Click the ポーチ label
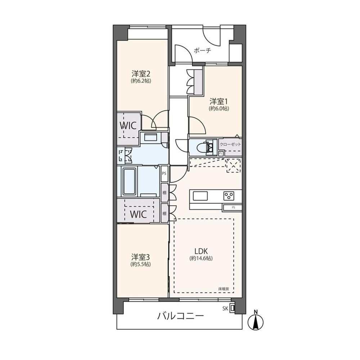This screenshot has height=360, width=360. click(x=202, y=50)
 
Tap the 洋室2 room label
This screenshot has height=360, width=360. click(x=141, y=74)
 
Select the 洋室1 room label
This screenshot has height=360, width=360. click(x=219, y=101)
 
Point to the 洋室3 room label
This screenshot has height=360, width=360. click(x=140, y=256)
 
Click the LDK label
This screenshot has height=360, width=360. click(x=201, y=251)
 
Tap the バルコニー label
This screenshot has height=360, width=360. click(x=180, y=316)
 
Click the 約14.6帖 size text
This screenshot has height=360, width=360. click(x=201, y=258)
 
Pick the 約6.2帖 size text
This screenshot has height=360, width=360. click(x=141, y=81)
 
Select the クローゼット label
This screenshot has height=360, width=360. click(x=230, y=144)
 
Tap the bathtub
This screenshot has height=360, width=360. click(x=129, y=181)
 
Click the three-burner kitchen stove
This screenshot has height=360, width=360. click(x=229, y=196)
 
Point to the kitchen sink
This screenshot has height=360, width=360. click(x=200, y=196)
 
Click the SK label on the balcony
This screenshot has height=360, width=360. click(x=225, y=309)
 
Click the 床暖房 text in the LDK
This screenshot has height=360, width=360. click(x=224, y=289)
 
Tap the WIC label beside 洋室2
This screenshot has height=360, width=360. click(x=128, y=125)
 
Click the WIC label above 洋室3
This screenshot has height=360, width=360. click(x=138, y=214)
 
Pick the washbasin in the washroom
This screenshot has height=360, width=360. click(x=150, y=138)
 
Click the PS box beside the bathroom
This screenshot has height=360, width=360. click(x=164, y=174)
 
